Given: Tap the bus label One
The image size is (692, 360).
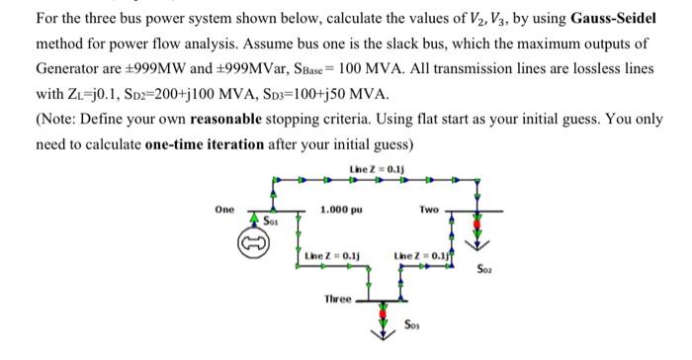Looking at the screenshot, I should (225, 210).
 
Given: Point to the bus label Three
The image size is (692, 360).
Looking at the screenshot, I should (339, 299).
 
